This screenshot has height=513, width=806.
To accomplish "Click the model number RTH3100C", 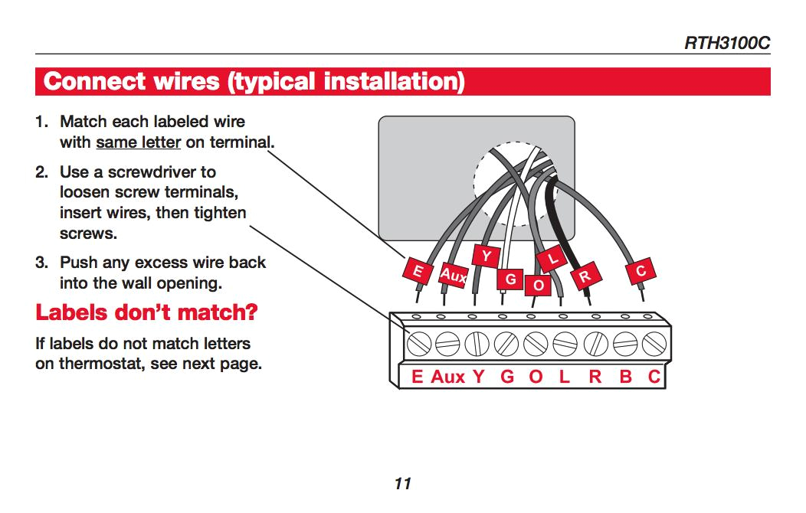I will (726, 43).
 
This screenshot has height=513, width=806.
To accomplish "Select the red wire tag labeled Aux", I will (452, 275).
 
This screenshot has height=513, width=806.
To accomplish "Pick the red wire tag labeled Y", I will (485, 255).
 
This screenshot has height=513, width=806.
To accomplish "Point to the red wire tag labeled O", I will (538, 285).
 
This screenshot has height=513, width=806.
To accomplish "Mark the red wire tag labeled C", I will (641, 270).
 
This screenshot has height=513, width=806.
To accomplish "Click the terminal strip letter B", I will (625, 377).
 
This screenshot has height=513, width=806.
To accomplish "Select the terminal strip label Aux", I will (447, 377).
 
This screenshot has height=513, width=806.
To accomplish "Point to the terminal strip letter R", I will (595, 377).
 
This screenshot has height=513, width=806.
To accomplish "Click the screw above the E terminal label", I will (418, 345).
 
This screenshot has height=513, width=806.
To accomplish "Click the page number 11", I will (403, 483).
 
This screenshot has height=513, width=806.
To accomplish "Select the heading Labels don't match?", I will (146, 312).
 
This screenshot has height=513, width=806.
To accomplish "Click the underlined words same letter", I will (138, 142).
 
